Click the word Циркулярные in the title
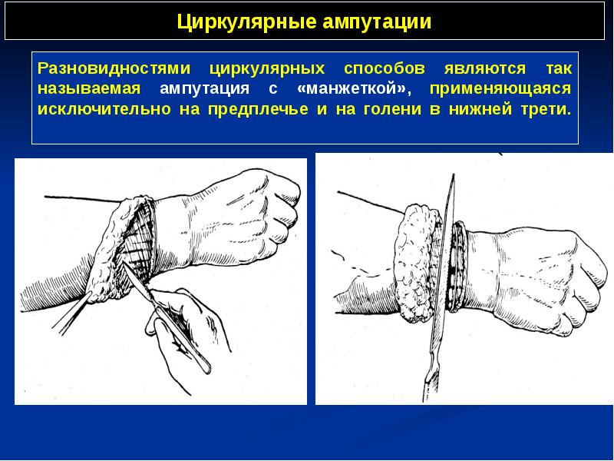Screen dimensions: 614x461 [246, 22]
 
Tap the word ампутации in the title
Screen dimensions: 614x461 [377, 23]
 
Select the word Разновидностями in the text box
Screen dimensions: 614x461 [114, 68]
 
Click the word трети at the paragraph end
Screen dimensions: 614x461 [546, 109]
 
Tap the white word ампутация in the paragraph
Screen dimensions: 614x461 [204, 89]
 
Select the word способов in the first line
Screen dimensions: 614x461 [385, 68]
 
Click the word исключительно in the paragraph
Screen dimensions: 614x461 [104, 109]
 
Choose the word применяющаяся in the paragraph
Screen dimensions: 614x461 [500, 89]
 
